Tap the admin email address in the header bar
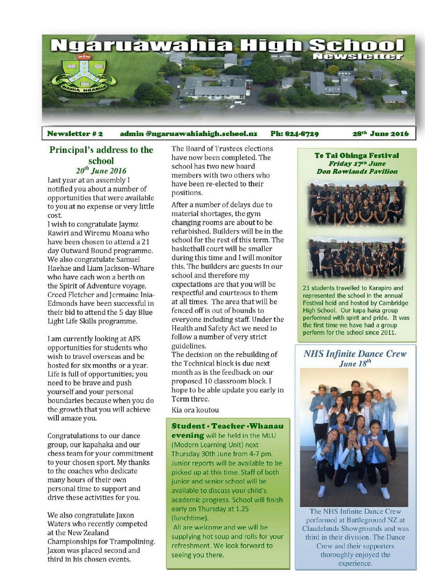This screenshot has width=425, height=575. (x=189, y=134)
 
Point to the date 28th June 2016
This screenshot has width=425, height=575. (x=380, y=134)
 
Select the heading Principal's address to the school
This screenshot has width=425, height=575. (x=101, y=155)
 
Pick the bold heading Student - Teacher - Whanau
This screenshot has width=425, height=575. (x=227, y=425)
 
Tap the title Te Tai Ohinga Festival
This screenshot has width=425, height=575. (x=357, y=155)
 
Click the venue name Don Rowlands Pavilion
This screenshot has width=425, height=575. (x=357, y=171)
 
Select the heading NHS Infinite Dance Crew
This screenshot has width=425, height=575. (x=355, y=354)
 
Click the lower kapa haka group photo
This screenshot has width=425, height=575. (x=356, y=257)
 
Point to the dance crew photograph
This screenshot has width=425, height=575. (x=354, y=436)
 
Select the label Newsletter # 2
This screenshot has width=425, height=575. (x=74, y=134)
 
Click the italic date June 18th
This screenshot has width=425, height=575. (x=355, y=364)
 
